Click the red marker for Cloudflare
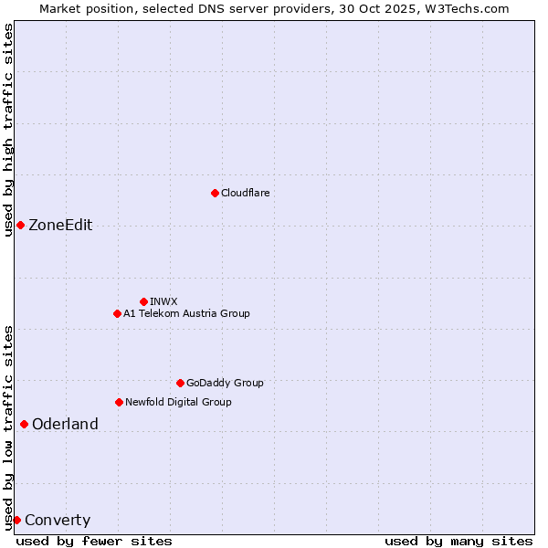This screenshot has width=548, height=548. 215,193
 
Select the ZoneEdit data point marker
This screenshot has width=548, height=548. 20,225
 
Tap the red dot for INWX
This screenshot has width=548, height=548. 143,301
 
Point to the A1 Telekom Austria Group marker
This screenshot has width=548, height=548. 117,313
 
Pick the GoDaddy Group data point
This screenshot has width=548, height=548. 180,383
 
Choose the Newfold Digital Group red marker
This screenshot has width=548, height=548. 119,402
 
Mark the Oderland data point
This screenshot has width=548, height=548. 24,424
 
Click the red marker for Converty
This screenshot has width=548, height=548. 16,520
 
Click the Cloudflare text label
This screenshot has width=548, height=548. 245,193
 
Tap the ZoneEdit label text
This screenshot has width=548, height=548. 60,226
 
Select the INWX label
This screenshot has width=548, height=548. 163,301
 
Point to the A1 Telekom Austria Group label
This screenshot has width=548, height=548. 186,313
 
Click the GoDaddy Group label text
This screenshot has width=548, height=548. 225,383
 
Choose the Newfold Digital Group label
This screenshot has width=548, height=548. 178,402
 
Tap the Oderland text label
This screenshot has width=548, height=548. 65,424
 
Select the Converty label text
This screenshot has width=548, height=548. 58,521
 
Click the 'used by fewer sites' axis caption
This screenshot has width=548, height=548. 94,541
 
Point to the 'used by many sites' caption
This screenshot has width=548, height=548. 458,541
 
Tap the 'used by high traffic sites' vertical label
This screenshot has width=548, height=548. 8,130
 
